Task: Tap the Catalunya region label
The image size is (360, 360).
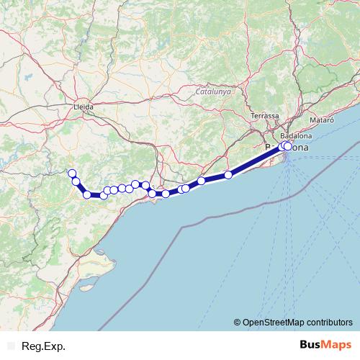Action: pyautogui.click(x=213, y=92)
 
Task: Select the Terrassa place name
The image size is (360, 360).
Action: pyautogui.click(x=265, y=116)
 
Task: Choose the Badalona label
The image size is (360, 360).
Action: pyautogui.click(x=296, y=135)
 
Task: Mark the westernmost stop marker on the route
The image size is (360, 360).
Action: pyautogui.click(x=71, y=173)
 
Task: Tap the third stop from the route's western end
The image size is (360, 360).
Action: pyautogui.click(x=87, y=194)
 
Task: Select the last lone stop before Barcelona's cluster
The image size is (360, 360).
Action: pyautogui.click(x=228, y=174)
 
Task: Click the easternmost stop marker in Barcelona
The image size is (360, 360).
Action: pyautogui.click(x=288, y=146)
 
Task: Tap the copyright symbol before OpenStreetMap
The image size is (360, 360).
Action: pyautogui.click(x=238, y=322)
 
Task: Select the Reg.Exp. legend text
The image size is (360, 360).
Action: pyautogui.click(x=42, y=346)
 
